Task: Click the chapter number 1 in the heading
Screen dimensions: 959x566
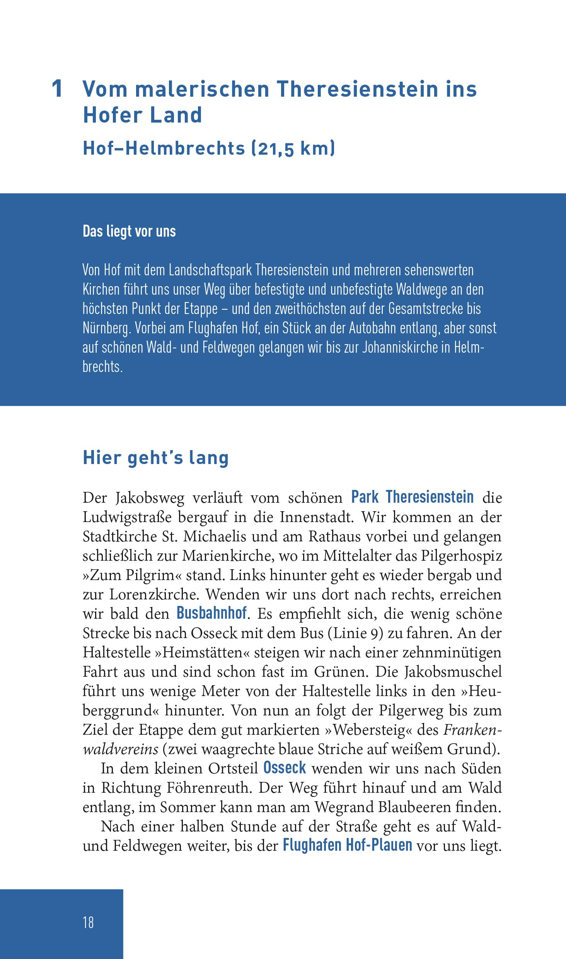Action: click(x=57, y=90)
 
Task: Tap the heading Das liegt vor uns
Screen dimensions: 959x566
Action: click(x=129, y=231)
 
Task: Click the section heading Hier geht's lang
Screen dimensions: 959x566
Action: click(x=156, y=457)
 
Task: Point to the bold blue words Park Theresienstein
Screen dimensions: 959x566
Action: click(x=412, y=497)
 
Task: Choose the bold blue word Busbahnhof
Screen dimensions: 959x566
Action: click(x=211, y=613)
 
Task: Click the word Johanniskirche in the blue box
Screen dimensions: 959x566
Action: click(x=405, y=348)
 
